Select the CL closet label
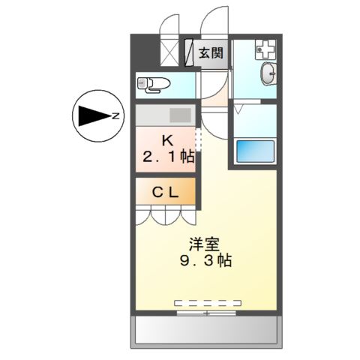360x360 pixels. pyautogui.click(x=166, y=191)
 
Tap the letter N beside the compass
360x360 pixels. pyautogui.click(x=115, y=116)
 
